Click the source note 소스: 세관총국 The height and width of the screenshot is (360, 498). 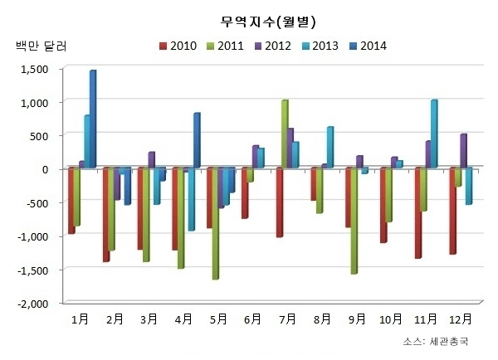(x=435, y=341)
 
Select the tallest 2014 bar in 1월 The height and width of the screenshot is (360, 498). (x=93, y=119)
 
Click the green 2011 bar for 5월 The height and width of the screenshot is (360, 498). (x=216, y=223)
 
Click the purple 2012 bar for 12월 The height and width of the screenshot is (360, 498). (x=463, y=151)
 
